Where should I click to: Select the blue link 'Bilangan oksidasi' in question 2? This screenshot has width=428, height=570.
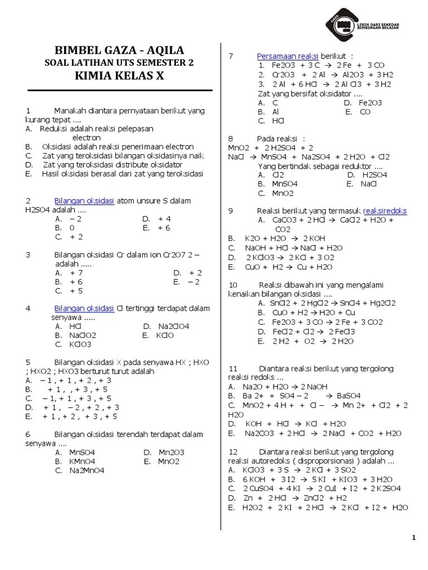(x=84, y=200)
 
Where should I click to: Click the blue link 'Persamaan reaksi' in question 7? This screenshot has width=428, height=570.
(x=287, y=56)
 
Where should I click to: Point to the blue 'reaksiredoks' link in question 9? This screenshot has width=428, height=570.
(x=385, y=210)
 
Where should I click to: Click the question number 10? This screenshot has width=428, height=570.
(x=234, y=284)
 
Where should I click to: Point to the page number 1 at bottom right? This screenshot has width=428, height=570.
(x=414, y=537)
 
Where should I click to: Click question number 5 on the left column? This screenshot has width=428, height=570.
(x=28, y=362)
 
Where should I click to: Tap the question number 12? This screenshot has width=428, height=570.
(x=234, y=451)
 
